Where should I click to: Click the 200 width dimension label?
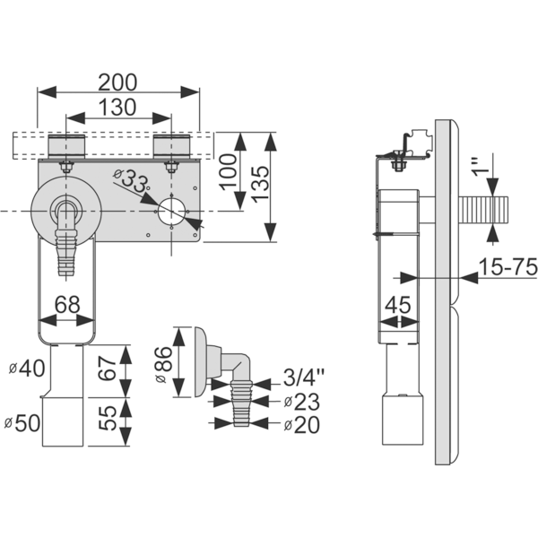[x=117, y=82]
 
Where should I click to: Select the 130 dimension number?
[x=117, y=107]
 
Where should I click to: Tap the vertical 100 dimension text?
[x=228, y=172]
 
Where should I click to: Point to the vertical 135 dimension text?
[x=260, y=183]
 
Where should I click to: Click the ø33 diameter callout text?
[x=131, y=181]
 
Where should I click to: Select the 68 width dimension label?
[x=67, y=305]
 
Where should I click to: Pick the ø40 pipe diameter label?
[x=27, y=369]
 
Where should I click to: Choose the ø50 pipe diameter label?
[x=22, y=423]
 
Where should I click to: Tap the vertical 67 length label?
[x=108, y=369]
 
